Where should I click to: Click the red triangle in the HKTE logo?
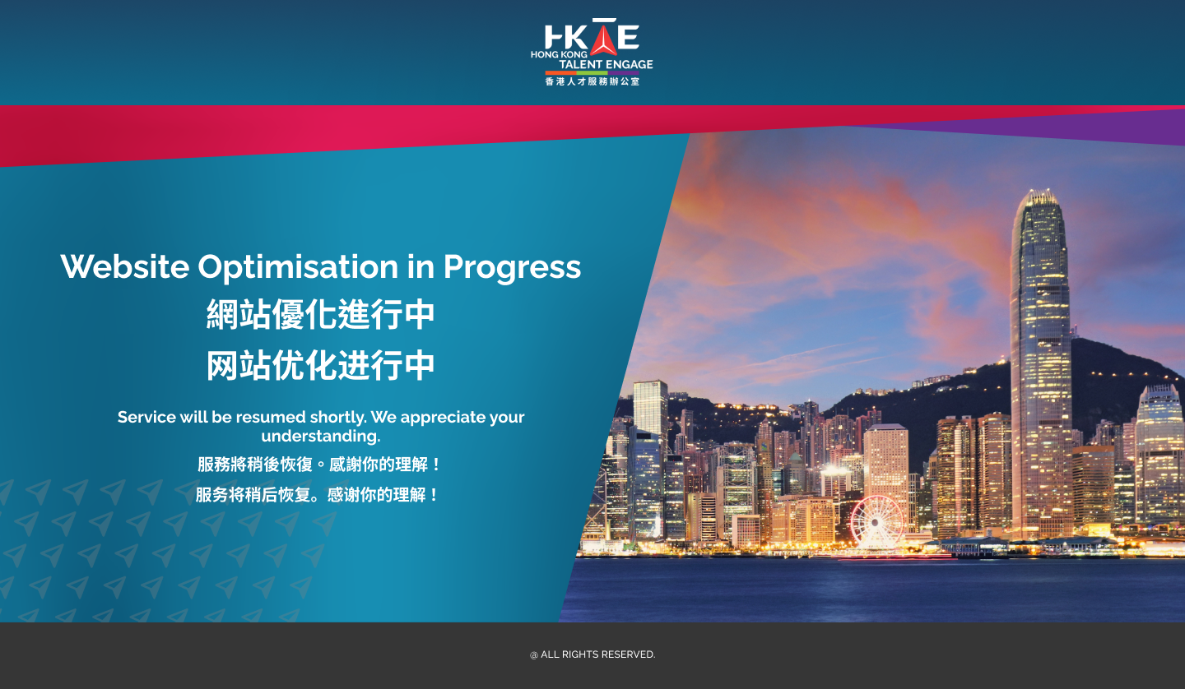[604, 40]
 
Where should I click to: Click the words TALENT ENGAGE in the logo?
[606, 64]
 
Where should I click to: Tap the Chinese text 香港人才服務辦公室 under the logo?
[592, 81]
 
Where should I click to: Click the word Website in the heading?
[125, 266]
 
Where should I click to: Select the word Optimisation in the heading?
[298, 267]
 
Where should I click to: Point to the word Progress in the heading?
[512, 267]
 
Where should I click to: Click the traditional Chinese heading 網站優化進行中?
[321, 314]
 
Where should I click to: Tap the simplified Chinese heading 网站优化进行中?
[321, 365]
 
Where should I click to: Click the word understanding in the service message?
[320, 437]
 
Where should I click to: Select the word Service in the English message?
[146, 417]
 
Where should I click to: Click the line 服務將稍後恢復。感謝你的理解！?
[319, 465]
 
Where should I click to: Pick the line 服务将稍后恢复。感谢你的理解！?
[318, 495]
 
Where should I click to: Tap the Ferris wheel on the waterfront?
[876, 523]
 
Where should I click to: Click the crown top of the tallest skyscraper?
[1039, 201]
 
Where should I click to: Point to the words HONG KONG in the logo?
[560, 54]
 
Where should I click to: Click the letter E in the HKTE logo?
[629, 37]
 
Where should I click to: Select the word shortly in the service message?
[338, 418]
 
